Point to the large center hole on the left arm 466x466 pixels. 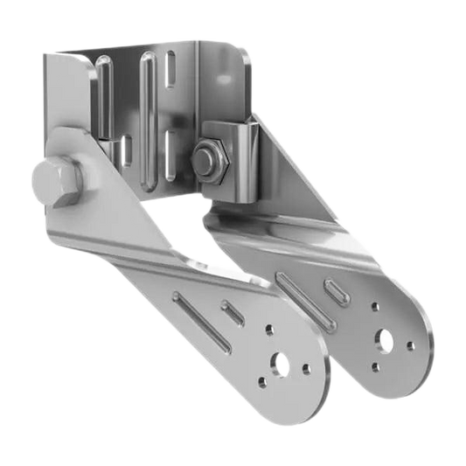[x=280, y=361]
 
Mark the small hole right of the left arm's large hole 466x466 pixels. [x=306, y=369]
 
